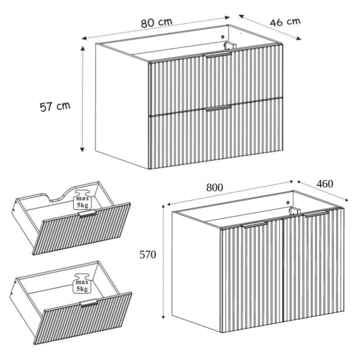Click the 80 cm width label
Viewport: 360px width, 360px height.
157,23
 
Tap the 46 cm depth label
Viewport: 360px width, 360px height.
285,22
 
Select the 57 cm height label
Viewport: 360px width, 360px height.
55,107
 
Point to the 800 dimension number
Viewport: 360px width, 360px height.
214,188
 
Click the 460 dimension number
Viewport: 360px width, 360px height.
325,184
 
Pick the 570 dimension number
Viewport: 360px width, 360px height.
148,254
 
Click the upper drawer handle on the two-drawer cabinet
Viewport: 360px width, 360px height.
218,55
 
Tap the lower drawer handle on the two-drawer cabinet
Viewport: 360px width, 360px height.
218,108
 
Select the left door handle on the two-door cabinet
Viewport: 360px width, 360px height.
254,224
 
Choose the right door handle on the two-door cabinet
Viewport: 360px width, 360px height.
316,214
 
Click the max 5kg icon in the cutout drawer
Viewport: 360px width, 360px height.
82,199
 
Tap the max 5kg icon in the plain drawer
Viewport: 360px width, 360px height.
82,283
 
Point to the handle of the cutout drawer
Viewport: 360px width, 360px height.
88,213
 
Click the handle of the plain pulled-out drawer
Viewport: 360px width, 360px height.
89,303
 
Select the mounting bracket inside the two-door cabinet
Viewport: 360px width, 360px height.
295,211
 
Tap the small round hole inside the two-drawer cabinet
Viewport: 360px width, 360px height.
222,37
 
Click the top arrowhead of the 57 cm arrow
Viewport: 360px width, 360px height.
83,48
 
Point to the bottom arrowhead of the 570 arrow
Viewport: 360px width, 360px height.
163,317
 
